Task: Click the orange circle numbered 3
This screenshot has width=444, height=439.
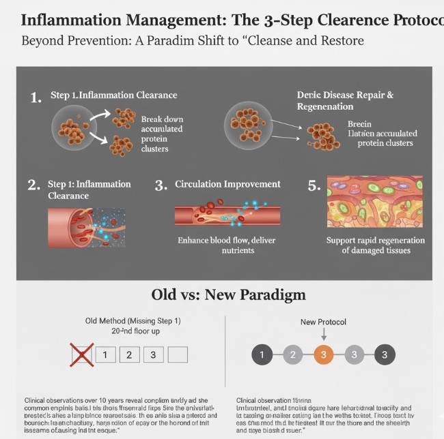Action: point(324,354)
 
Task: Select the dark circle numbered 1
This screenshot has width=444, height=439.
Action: point(262,354)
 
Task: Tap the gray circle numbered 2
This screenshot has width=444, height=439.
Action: point(292,354)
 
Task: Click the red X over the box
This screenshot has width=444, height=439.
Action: point(82,354)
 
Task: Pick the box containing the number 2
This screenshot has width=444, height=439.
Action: point(129,354)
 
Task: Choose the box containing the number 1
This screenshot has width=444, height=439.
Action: point(105,354)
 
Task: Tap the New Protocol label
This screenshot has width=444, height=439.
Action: point(324,321)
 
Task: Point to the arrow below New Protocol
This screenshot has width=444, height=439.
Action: point(324,333)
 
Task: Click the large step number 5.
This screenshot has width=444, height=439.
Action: point(314,185)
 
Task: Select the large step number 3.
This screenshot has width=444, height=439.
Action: point(161,185)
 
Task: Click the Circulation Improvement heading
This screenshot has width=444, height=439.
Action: point(227,184)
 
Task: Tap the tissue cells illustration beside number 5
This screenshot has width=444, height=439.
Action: point(374,201)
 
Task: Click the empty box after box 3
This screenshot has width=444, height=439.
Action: point(178,354)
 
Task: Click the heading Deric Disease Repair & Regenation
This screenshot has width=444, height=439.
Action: point(345,101)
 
